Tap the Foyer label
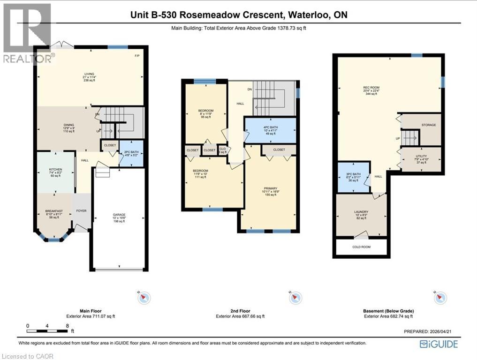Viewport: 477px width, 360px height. pyautogui.click(x=81, y=211)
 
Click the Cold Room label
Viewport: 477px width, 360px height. pyautogui.click(x=361, y=247)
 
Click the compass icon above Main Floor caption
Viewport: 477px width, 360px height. pyautogui.click(x=144, y=297)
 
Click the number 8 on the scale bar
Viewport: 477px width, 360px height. pyautogui.click(x=68, y=325)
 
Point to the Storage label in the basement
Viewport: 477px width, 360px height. pyautogui.click(x=428, y=125)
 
